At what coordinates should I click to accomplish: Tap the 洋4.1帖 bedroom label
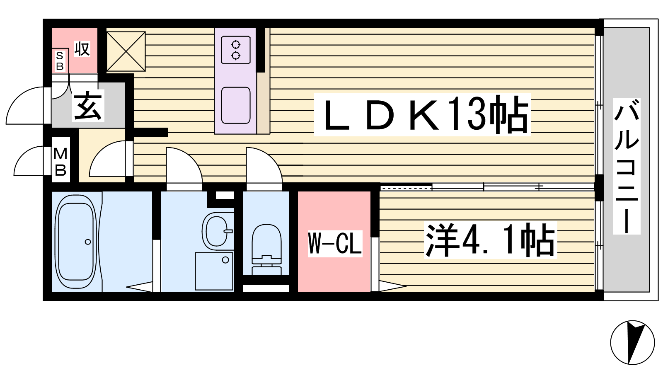(490, 240)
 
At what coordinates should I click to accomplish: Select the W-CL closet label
(335, 243)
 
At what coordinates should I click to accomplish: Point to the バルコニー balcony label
(626, 166)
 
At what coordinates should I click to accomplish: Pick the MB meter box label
(60, 162)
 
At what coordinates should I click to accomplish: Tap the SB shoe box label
(60, 61)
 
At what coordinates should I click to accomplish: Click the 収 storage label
(82, 49)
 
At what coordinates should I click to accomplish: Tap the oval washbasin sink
(217, 230)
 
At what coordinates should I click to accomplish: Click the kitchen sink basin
(236, 105)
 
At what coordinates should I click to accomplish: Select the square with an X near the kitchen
(126, 51)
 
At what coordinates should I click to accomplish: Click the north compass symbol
(632, 342)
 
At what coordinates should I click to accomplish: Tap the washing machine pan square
(214, 271)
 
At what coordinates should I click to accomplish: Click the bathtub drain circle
(88, 242)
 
